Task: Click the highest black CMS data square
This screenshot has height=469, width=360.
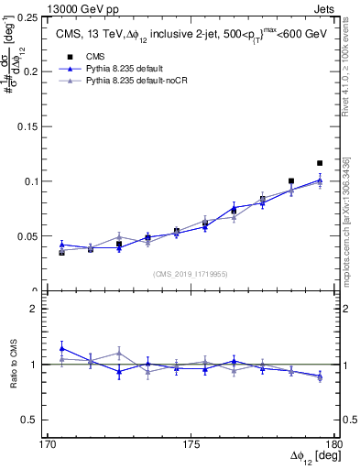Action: click(x=320, y=163)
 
